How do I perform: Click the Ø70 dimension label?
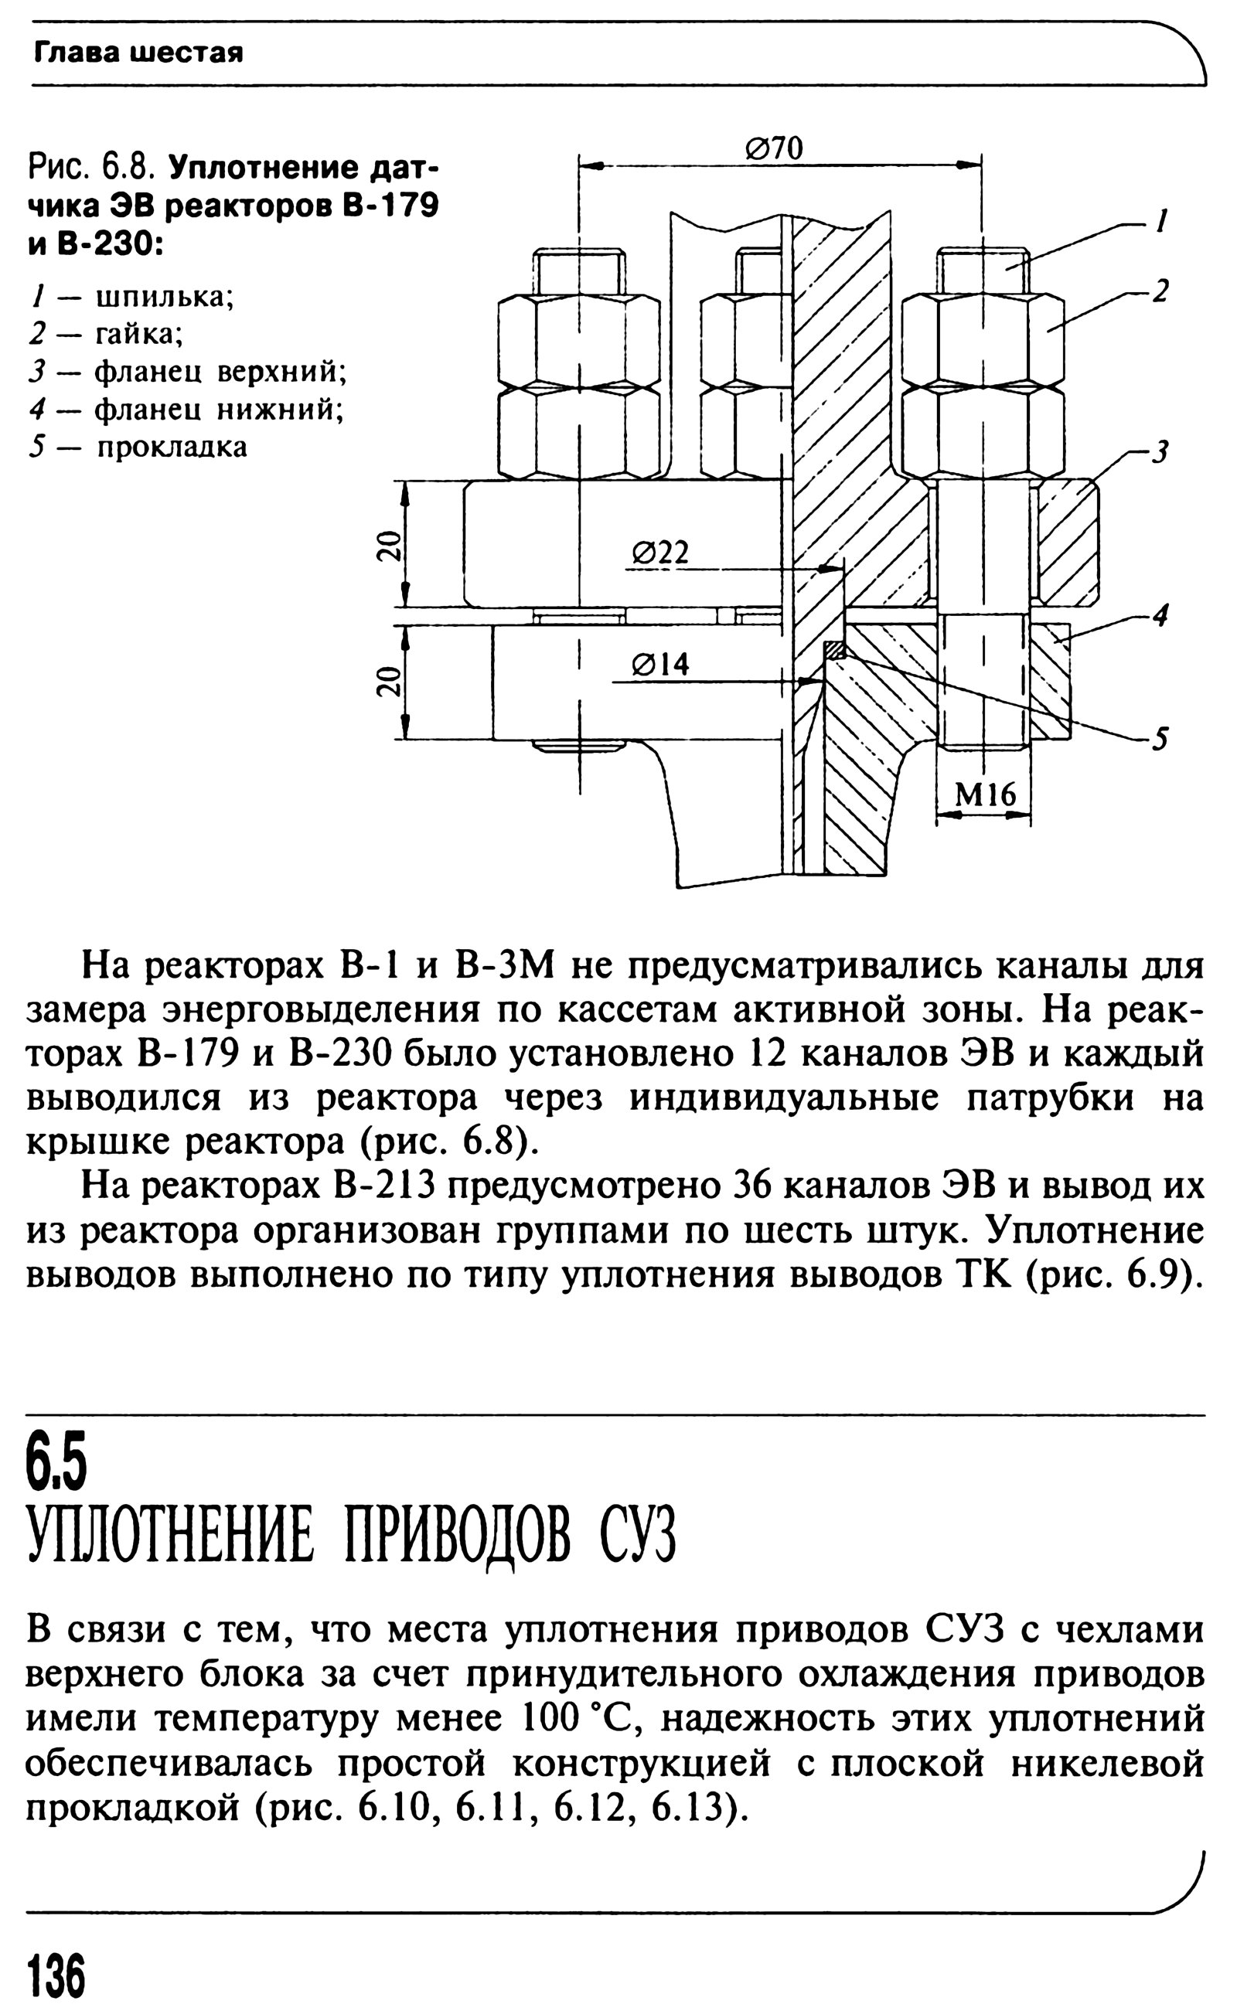point(774,148)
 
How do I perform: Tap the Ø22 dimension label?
point(660,553)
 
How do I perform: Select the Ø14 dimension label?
point(660,665)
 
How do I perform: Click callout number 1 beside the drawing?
point(1161,220)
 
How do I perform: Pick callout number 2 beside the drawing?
point(1159,291)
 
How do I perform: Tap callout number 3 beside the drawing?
point(1159,451)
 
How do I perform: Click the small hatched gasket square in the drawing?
point(833,650)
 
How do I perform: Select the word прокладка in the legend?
point(172,447)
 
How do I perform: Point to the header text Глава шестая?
point(138,54)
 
